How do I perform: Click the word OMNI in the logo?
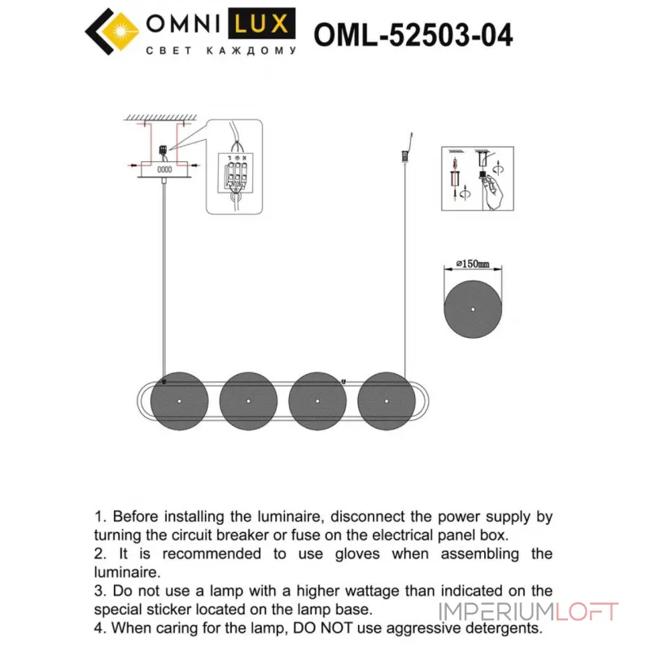pos(190,24)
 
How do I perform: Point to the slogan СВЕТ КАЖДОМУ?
pos(220,51)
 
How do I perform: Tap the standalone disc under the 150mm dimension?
pos(473,309)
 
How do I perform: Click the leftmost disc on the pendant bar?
pos(180,401)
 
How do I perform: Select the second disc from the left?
pos(249,401)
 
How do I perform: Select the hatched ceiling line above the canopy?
pos(162,120)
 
